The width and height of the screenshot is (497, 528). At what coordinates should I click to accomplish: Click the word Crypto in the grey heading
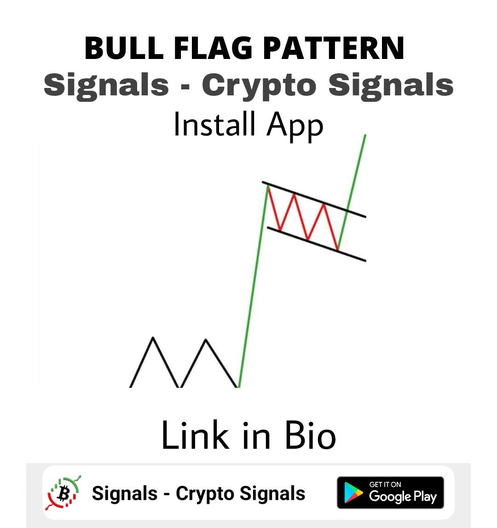coord(259,85)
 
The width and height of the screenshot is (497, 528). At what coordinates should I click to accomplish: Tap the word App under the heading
coord(295,125)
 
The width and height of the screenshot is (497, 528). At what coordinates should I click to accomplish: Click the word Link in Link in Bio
coord(195,435)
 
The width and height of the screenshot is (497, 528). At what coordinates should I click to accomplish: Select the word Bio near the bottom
coord(310,435)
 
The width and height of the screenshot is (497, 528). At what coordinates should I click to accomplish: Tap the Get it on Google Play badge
coord(390,493)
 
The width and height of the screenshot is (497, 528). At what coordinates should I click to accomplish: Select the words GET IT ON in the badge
coord(385,484)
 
